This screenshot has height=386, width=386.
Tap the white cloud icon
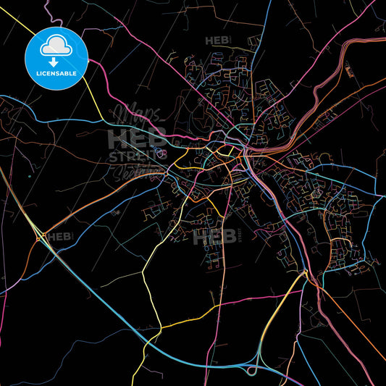pos(56,46)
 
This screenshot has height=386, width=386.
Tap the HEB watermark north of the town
pos(217,41)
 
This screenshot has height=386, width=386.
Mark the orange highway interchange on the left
pos(40,236)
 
